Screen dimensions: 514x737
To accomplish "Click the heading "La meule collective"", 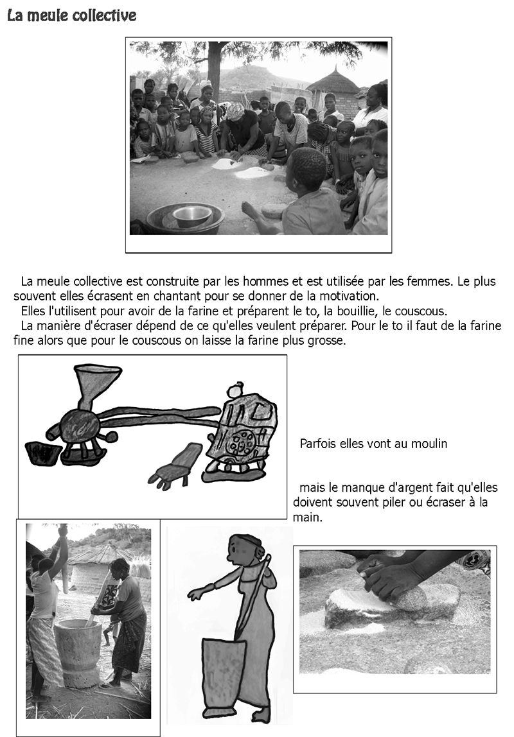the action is tap(71, 16).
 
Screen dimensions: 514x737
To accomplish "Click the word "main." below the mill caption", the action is tap(308, 517).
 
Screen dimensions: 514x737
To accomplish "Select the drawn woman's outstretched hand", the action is tap(196, 595).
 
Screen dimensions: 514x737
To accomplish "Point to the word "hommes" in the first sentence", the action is tap(271, 282).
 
